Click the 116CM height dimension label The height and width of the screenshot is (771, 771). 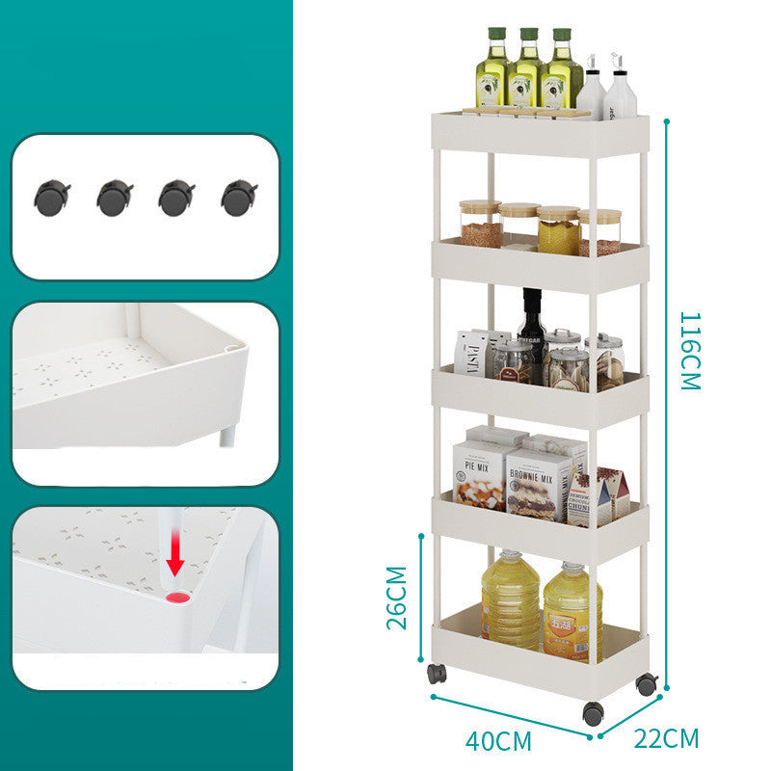689,350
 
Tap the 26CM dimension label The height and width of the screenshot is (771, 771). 396,597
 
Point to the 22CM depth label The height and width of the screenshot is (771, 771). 666,739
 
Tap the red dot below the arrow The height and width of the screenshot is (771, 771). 175,598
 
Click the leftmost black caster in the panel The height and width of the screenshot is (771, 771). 52,198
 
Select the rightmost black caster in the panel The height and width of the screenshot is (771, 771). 238,198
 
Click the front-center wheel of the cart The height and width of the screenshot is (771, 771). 593,714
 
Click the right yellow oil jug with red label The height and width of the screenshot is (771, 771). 572,612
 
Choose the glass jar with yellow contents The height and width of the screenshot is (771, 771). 559,230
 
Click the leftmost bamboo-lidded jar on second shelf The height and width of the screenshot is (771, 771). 480,224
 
